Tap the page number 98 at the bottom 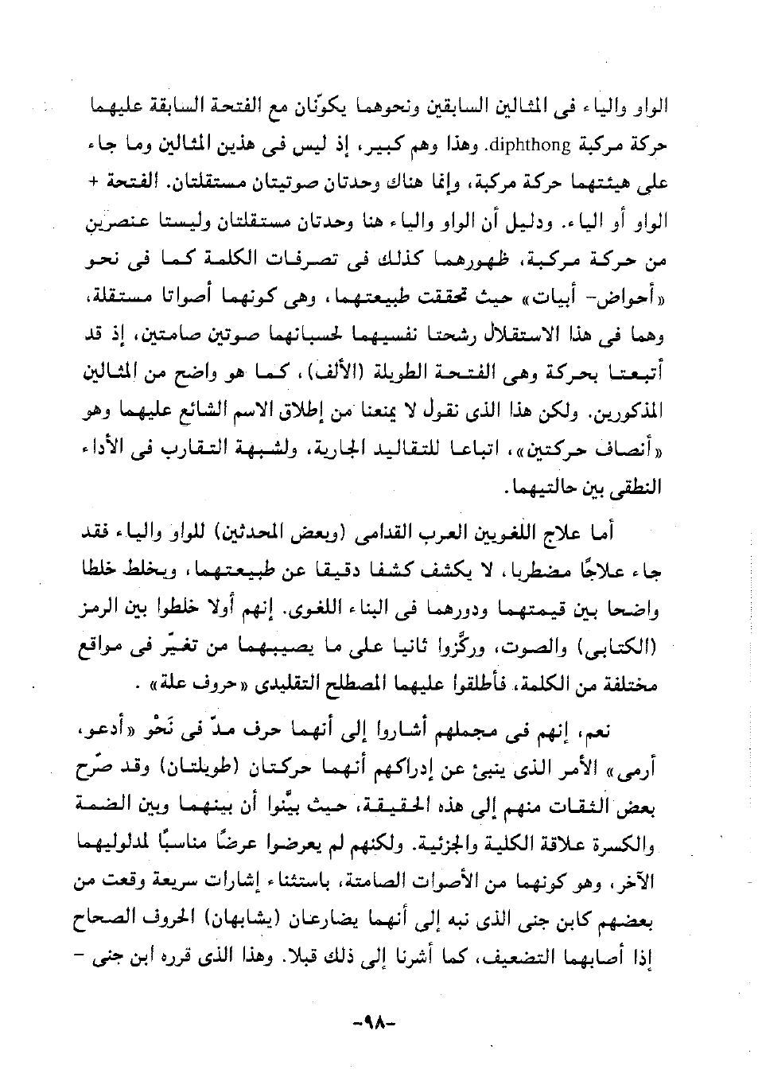tap(380, 1019)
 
